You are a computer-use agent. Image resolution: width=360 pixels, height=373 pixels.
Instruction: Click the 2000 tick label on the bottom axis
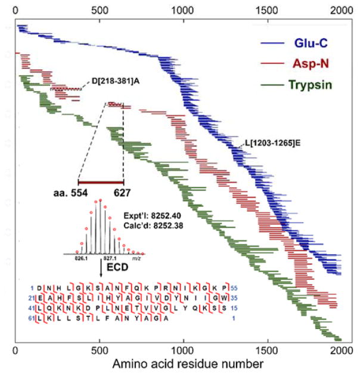[341, 349]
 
